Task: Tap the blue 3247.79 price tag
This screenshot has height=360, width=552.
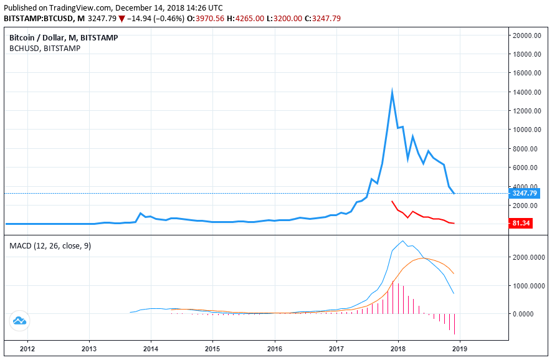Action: [527, 194]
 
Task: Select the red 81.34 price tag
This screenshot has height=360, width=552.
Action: [520, 223]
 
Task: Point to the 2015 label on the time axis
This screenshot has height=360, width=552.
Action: [212, 349]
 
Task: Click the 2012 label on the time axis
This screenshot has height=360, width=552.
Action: [27, 349]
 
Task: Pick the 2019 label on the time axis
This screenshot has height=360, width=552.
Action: [460, 349]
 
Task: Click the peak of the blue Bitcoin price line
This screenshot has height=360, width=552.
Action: [392, 92]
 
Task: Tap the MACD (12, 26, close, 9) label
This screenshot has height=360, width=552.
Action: [50, 246]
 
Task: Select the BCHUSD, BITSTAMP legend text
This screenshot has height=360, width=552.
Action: [45, 49]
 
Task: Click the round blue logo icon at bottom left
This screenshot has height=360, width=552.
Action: [19, 321]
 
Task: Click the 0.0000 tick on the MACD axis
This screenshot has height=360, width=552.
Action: [533, 314]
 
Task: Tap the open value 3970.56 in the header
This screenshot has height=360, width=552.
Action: [212, 19]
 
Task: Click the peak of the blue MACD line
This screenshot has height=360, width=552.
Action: [403, 241]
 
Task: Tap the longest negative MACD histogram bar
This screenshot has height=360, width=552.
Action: [454, 324]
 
